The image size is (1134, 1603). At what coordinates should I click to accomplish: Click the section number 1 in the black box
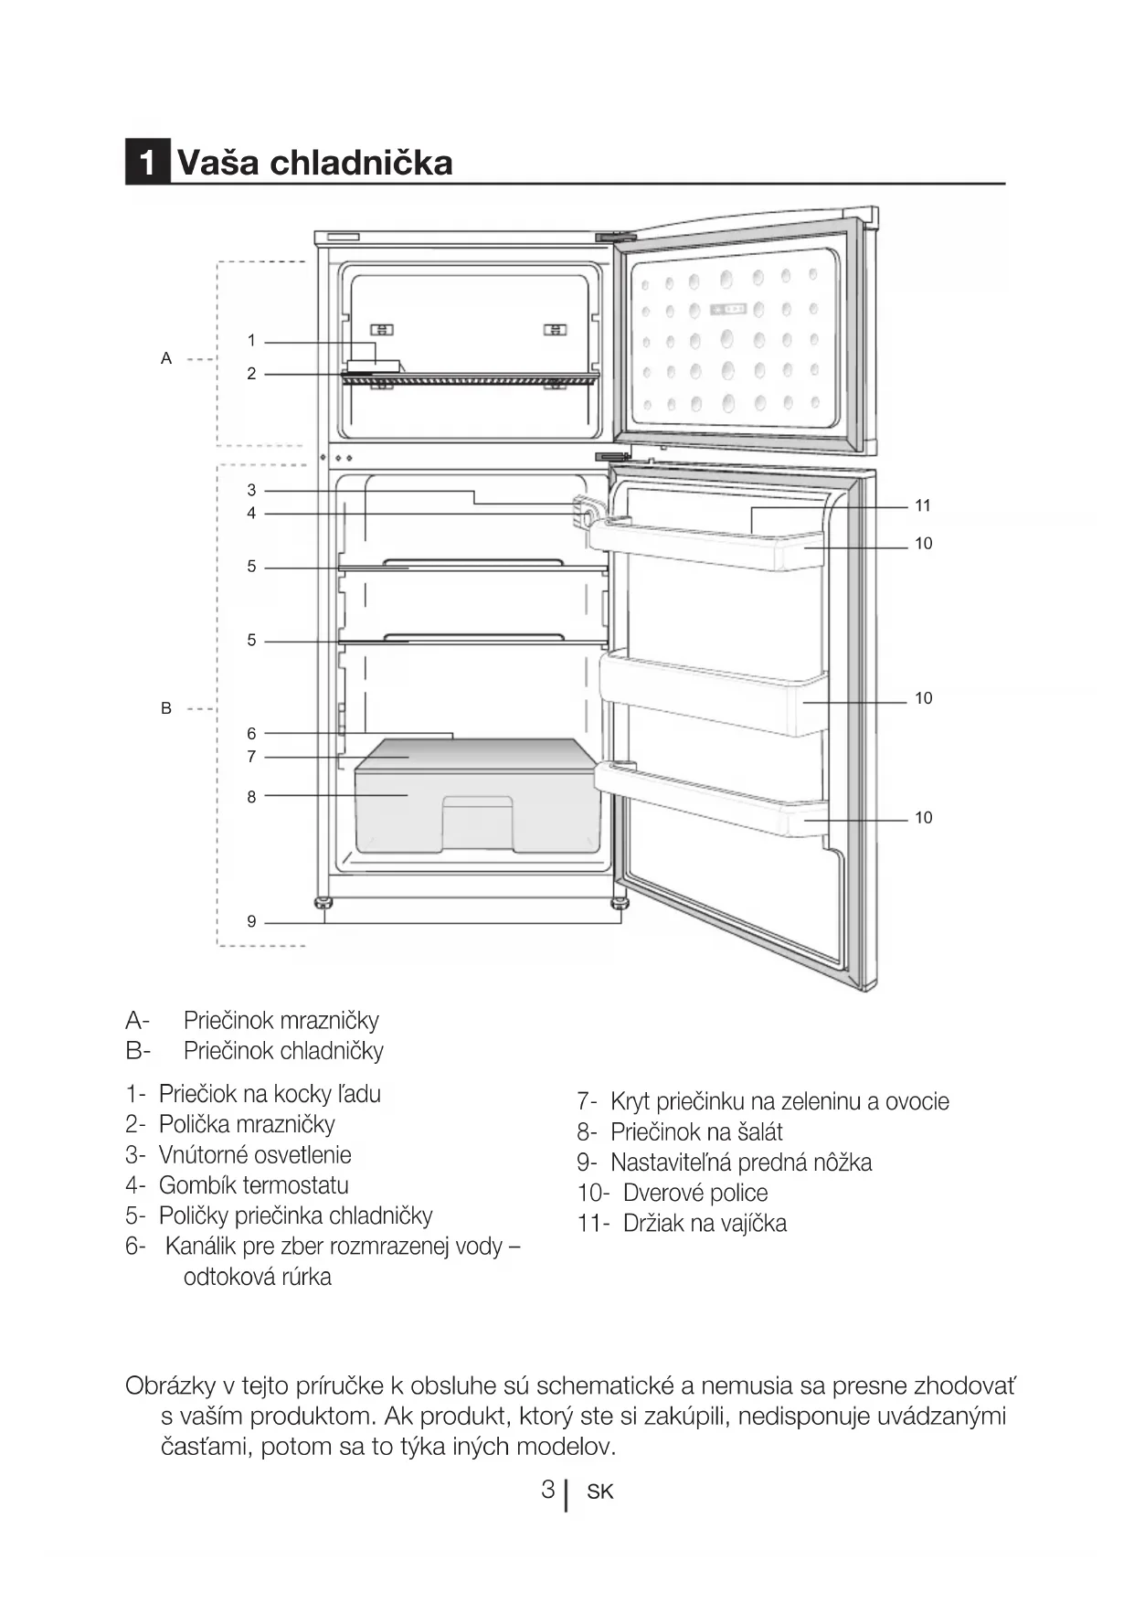coord(147,163)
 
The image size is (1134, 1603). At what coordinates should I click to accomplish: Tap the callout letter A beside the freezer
coord(166,358)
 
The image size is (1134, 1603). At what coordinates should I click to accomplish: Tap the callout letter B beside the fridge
coord(166,708)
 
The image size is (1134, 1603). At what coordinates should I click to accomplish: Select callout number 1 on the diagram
coord(251,341)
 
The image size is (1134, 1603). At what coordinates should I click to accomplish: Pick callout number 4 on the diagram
coord(251,514)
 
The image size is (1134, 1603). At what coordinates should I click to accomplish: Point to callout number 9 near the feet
coord(251,921)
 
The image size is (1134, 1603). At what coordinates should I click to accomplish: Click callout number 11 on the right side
coord(923,505)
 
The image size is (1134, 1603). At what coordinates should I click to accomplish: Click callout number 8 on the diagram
coord(251,797)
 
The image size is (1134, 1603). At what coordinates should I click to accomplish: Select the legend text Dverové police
coord(694,1193)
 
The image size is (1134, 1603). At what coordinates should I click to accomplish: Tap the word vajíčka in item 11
coord(752,1223)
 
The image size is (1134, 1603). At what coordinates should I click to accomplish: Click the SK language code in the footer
coord(600,1492)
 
